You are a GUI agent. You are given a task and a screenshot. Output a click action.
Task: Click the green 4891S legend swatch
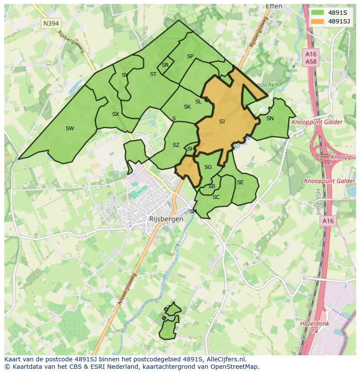coord(318,13)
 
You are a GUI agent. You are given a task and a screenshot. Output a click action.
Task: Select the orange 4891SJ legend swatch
coord(318,21)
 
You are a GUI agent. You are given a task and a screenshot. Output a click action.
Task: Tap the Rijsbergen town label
coord(167,219)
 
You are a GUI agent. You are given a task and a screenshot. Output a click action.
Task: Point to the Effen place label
coord(274,6)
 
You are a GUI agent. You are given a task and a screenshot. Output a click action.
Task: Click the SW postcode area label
coord(70,128)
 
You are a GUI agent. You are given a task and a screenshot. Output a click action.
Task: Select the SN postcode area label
coord(270,118)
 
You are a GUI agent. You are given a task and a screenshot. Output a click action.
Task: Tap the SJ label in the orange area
coord(222,122)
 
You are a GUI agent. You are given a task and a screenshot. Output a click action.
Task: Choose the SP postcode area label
coord(190,56)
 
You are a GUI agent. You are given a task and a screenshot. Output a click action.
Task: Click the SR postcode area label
coord(165,65)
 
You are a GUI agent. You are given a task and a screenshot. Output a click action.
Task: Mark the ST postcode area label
coord(153,74)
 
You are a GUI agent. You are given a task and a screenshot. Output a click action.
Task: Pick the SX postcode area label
coord(116,114)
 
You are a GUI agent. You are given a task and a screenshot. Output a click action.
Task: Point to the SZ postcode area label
coord(176,145)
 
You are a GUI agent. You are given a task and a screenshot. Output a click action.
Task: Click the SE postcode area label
coord(240,182)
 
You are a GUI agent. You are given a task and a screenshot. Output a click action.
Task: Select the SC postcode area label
coord(216,197)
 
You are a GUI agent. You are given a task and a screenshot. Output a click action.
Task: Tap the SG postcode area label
coord(208,167)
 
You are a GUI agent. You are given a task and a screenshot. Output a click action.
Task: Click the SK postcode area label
coord(187,107)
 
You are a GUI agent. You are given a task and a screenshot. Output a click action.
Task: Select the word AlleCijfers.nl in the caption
coord(225,359)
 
